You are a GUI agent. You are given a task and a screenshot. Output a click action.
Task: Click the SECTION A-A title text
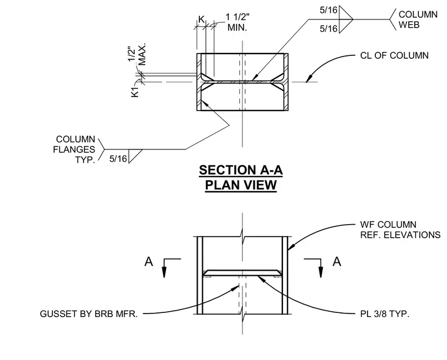pyautogui.click(x=241, y=170)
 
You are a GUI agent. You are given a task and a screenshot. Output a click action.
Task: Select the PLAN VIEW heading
pyautogui.click(x=241, y=185)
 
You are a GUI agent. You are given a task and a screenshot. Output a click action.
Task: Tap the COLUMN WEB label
pyautogui.click(x=418, y=19)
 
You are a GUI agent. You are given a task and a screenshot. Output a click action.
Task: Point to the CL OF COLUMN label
pyautogui.click(x=394, y=55)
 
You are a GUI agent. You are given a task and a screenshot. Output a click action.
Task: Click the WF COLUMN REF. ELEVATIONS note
pyautogui.click(x=401, y=230)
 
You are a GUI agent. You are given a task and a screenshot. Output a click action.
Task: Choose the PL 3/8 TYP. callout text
pyautogui.click(x=385, y=314)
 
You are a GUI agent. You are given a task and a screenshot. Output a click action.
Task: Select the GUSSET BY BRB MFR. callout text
pyautogui.click(x=89, y=314)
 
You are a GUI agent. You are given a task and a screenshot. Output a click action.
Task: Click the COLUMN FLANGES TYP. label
pyautogui.click(x=74, y=149)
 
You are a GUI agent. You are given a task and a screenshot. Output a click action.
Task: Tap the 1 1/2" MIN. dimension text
pyautogui.click(x=237, y=22)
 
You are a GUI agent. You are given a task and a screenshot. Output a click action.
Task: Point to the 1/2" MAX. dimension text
pyautogui.click(x=136, y=54)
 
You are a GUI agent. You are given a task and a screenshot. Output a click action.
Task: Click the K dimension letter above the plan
pyautogui.click(x=201, y=19)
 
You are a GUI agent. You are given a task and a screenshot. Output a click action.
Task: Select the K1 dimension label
pyautogui.click(x=135, y=92)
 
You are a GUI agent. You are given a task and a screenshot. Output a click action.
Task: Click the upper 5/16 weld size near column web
pyautogui.click(x=328, y=10)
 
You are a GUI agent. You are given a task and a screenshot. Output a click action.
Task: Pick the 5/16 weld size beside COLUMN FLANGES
pyautogui.click(x=118, y=159)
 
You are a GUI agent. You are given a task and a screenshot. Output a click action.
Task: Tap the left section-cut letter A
pyautogui.click(x=149, y=261)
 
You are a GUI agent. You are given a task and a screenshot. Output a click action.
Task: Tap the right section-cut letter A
pyautogui.click(x=336, y=261)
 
